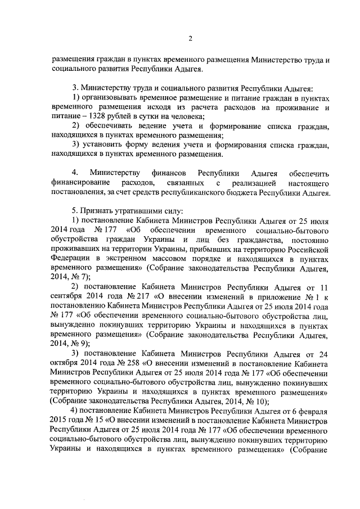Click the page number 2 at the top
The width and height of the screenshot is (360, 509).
[190, 38]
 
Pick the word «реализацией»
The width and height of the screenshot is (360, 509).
[260, 183]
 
